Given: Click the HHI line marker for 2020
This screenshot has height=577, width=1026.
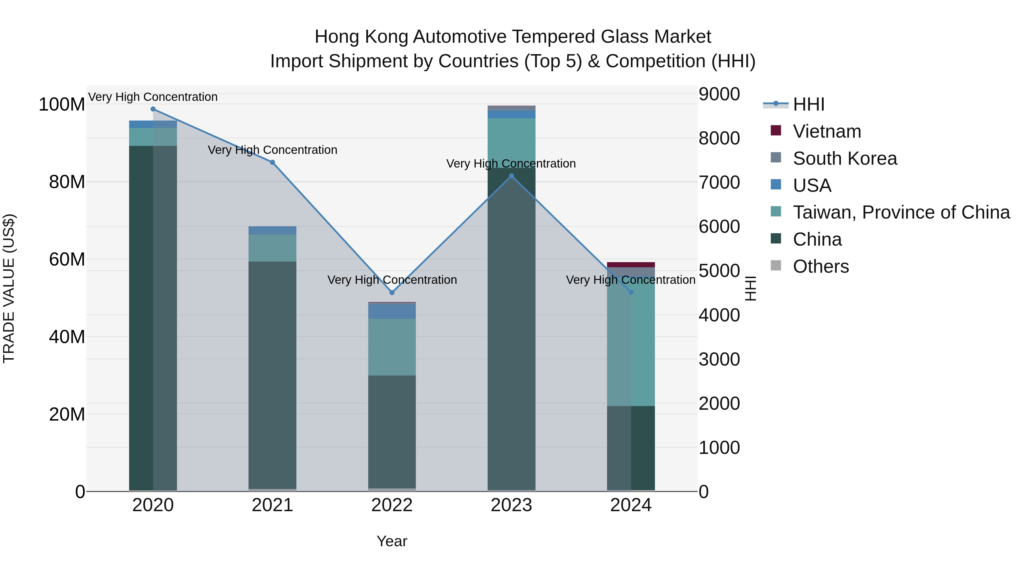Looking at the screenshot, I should (x=153, y=109).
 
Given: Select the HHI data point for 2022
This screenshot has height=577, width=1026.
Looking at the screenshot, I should (x=392, y=293).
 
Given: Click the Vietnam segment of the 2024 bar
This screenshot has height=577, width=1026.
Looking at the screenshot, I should (x=631, y=265).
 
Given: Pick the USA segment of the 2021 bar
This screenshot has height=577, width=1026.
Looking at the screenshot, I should (x=272, y=230).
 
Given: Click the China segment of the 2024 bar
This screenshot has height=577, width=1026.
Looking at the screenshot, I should (x=631, y=448).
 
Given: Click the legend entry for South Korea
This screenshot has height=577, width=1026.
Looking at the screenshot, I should (x=844, y=158).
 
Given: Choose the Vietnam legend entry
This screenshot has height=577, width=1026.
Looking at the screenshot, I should (x=827, y=131).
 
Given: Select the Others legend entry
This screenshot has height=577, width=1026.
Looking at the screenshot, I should (x=821, y=266).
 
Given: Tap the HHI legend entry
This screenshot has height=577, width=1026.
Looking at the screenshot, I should (x=809, y=104).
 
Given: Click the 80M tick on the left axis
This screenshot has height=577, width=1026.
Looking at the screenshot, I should (x=67, y=182).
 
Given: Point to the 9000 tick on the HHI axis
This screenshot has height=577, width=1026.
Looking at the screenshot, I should (x=719, y=94).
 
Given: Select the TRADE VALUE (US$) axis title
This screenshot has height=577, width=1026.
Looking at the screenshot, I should (x=9, y=288).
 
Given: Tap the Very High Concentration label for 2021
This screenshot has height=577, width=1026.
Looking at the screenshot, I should (x=272, y=150).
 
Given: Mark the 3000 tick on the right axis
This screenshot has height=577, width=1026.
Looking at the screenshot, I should (x=719, y=359).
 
